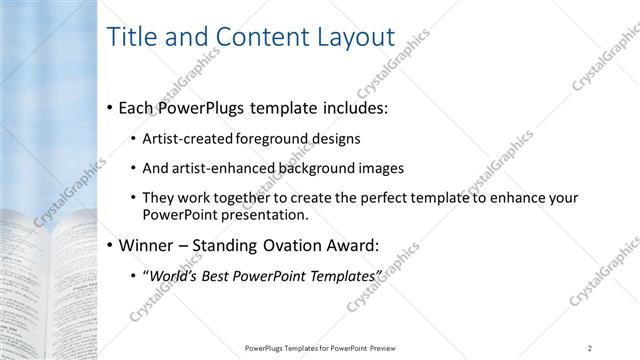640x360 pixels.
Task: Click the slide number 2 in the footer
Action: pyautogui.click(x=590, y=347)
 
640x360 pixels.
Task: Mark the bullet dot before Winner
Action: pyautogui.click(x=109, y=245)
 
